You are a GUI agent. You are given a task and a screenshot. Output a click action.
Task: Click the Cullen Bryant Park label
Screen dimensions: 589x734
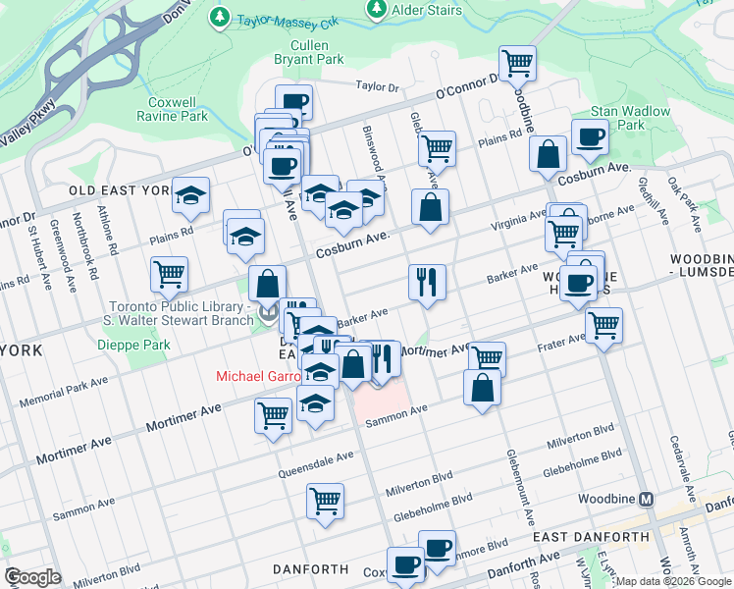[x=316, y=52]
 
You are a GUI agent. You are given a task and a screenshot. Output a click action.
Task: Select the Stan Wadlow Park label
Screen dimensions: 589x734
[x=630, y=118]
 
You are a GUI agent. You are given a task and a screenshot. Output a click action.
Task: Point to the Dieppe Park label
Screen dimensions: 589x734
[x=133, y=345]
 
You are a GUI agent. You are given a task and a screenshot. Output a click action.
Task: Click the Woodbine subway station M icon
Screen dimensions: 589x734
[x=647, y=499]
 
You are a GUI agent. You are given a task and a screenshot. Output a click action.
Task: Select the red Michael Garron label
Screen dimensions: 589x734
[x=256, y=376]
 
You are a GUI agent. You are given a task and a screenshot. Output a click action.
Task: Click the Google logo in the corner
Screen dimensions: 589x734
[x=32, y=577]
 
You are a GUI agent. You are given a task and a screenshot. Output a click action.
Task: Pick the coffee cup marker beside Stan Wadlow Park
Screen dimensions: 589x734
[x=590, y=137]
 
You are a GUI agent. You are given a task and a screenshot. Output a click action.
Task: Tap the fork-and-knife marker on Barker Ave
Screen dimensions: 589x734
[x=427, y=282]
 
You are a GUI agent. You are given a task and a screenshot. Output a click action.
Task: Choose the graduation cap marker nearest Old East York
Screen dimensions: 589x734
[x=190, y=194]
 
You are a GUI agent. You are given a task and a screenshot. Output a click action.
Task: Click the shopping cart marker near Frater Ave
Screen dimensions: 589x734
[x=603, y=325]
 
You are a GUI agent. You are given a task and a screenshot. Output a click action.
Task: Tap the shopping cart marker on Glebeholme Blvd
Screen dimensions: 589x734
[x=325, y=501]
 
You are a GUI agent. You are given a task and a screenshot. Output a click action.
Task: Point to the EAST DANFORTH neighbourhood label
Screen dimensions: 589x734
[x=591, y=537]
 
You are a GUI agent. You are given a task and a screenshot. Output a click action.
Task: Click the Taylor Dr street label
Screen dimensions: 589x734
[x=378, y=87]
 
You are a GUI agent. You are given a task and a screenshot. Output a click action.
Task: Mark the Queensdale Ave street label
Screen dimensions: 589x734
[x=318, y=458]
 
